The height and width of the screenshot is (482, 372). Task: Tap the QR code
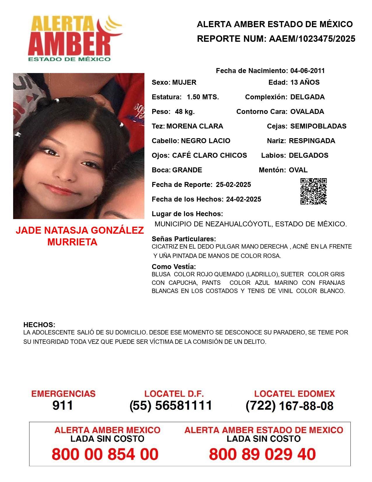tap(313, 191)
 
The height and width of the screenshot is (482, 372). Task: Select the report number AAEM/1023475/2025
tap(312, 39)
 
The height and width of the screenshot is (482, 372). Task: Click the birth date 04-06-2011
tap(308, 71)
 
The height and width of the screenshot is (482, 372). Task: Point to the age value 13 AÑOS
tap(305, 82)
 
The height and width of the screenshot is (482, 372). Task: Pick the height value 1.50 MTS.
tap(203, 97)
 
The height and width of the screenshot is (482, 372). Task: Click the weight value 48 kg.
tap(185, 112)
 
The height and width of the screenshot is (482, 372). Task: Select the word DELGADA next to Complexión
tap(307, 97)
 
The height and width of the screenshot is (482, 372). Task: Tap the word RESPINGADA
tap(312, 141)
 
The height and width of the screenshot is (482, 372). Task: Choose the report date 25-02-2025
tap(233, 185)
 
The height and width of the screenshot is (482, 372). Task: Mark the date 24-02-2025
tap(244, 199)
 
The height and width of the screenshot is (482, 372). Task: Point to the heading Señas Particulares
tap(184, 239)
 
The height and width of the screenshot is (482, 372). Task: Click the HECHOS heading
tap(39, 325)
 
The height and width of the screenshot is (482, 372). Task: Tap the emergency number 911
tap(63, 405)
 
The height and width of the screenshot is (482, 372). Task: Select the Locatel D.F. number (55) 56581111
tap(171, 405)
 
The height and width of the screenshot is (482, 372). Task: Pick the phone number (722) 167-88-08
tap(289, 406)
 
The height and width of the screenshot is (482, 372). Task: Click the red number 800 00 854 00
tap(105, 454)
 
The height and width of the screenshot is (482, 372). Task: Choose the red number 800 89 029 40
tap(262, 454)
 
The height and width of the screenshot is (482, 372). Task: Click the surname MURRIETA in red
tap(72, 242)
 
